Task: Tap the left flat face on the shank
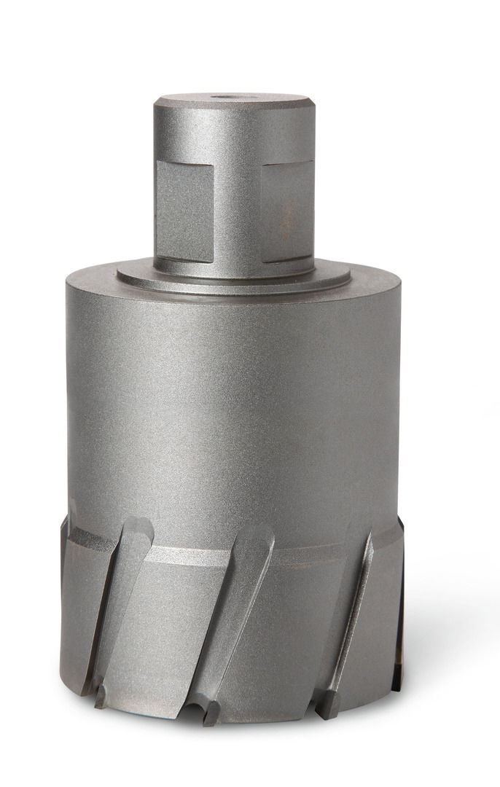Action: coord(184,211)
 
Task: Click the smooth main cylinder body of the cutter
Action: coord(233,408)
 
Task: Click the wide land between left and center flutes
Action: coord(175,627)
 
